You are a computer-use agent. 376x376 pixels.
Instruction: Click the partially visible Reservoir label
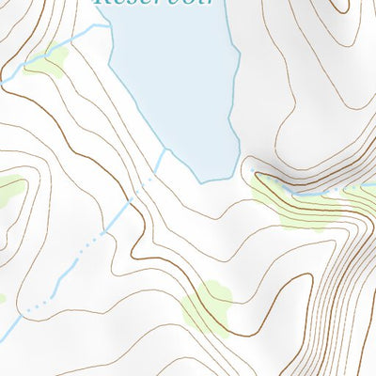(155, 4)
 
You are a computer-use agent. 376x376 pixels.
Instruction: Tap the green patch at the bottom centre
(207, 305)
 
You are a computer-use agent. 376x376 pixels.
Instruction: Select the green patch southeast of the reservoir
(287, 202)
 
